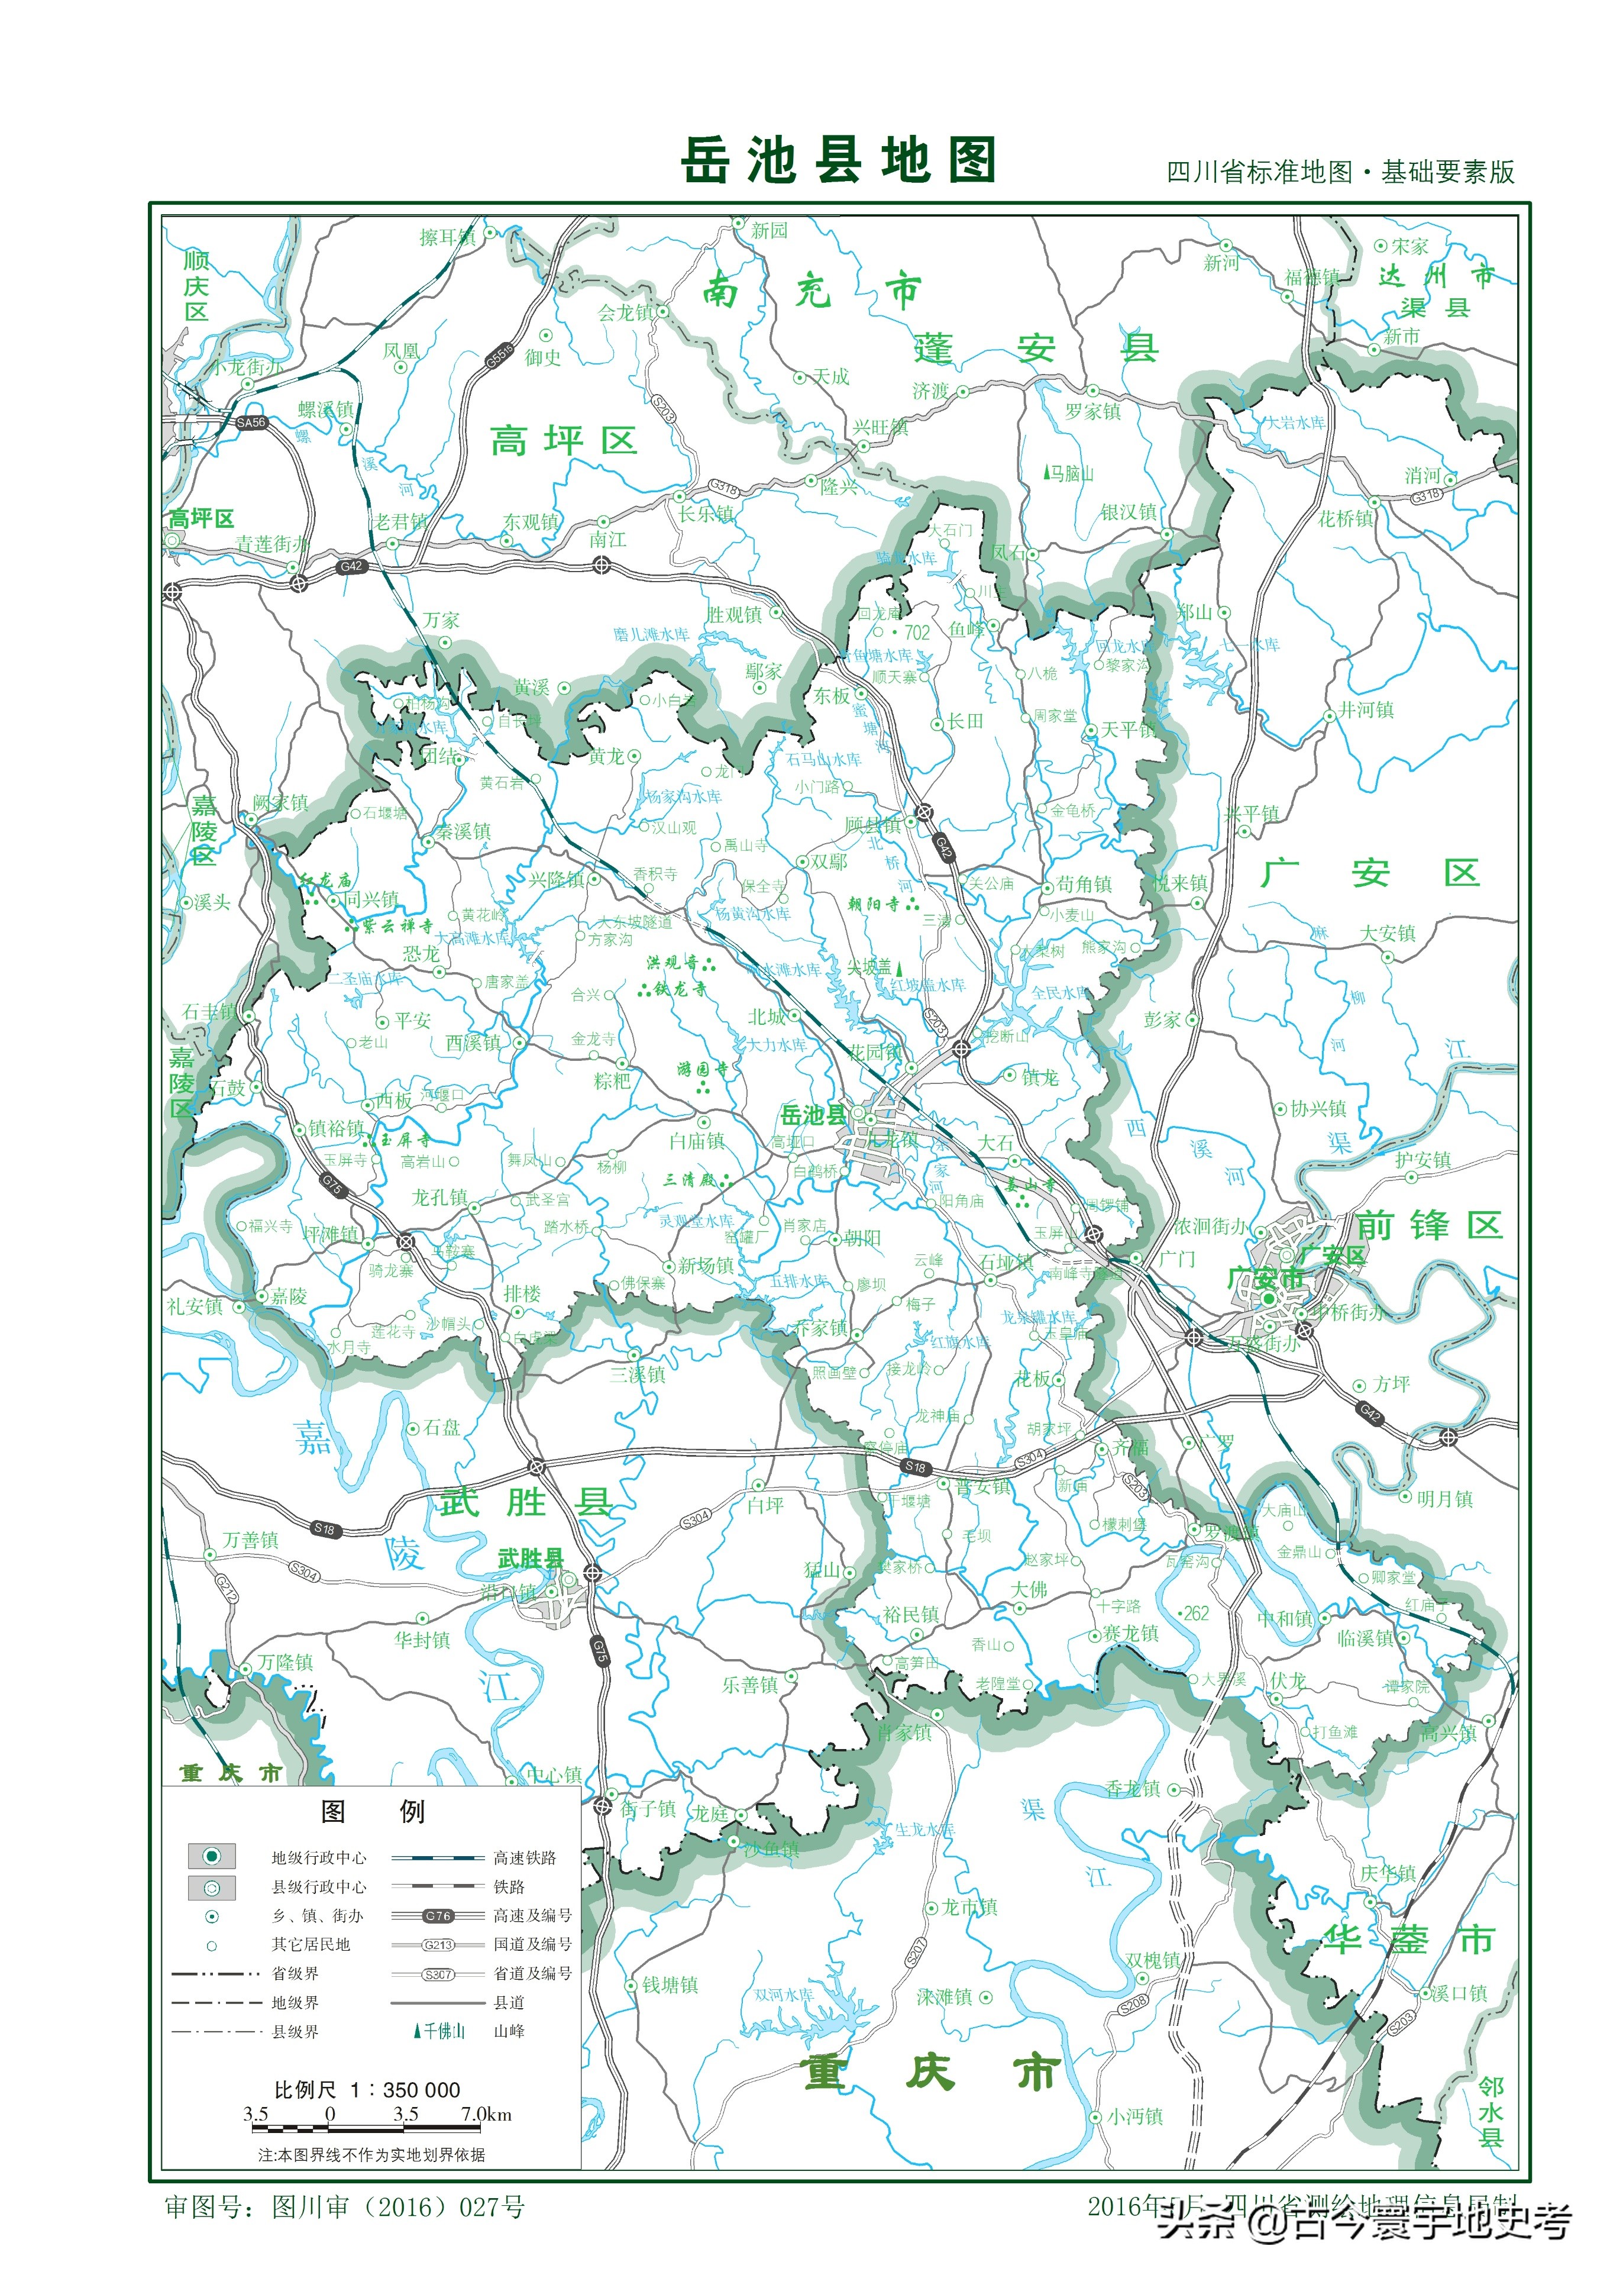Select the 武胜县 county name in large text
click(526, 1502)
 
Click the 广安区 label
click(1369, 873)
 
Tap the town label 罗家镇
click(1092, 411)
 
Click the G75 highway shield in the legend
click(438, 1916)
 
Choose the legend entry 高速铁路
click(525, 1857)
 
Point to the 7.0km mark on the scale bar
click(486, 2114)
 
